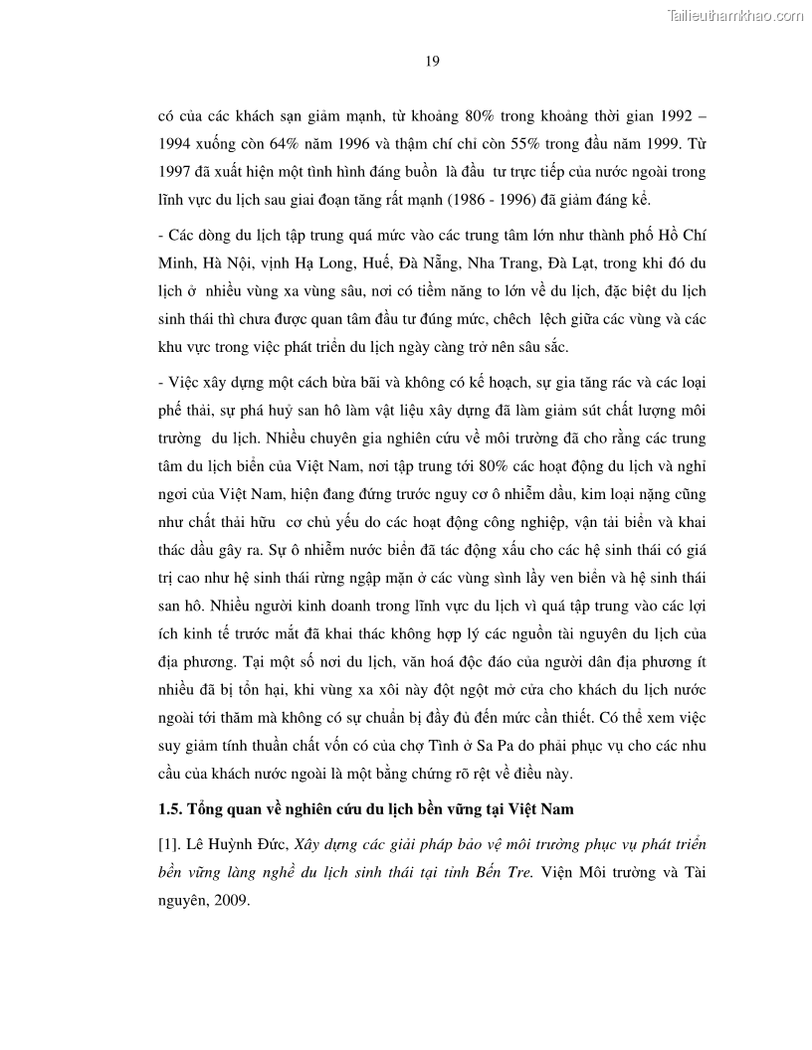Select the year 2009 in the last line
coord(233,900)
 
